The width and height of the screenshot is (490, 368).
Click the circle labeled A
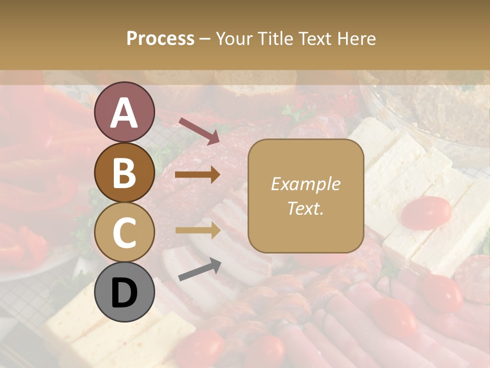click(124, 112)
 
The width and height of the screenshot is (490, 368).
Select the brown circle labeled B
click(124, 173)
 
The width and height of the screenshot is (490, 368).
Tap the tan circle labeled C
click(124, 233)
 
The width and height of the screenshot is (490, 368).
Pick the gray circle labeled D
click(124, 292)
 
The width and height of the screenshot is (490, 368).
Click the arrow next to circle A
click(199, 131)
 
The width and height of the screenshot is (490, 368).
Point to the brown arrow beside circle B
click(198, 175)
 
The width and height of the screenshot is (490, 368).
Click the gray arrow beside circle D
click(200, 269)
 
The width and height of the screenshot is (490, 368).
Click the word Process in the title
click(160, 39)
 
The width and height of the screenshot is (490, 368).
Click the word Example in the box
click(305, 184)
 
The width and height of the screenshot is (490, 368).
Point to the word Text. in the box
click(305, 208)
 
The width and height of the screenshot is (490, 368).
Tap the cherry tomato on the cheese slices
click(426, 212)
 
